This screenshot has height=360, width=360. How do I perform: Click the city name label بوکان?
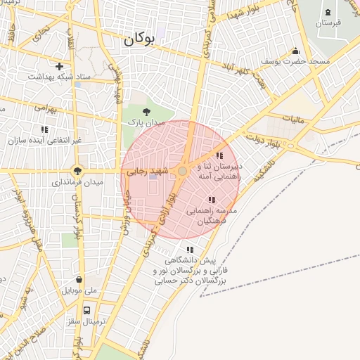[x=139, y=39]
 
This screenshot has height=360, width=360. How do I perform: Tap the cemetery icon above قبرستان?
[x=328, y=12]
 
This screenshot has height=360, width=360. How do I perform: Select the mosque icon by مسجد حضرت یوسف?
[x=295, y=51]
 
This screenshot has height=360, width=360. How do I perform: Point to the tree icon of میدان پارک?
[x=146, y=112]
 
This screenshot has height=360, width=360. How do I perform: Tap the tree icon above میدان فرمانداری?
[x=77, y=170]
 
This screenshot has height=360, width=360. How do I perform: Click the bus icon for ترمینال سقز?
[x=87, y=309]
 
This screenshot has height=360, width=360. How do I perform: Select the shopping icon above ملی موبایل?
[x=79, y=279]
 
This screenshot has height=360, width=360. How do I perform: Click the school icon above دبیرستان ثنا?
[x=219, y=155]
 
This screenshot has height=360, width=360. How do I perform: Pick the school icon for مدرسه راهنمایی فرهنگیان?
[x=212, y=200]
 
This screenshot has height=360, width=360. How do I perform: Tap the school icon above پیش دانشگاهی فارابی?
[x=189, y=250]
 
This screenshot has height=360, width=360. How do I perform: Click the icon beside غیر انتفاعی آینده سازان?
[x=45, y=129]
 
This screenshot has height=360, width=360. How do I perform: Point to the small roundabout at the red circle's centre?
[x=183, y=171]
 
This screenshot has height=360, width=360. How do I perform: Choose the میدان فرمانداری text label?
[x=77, y=182]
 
